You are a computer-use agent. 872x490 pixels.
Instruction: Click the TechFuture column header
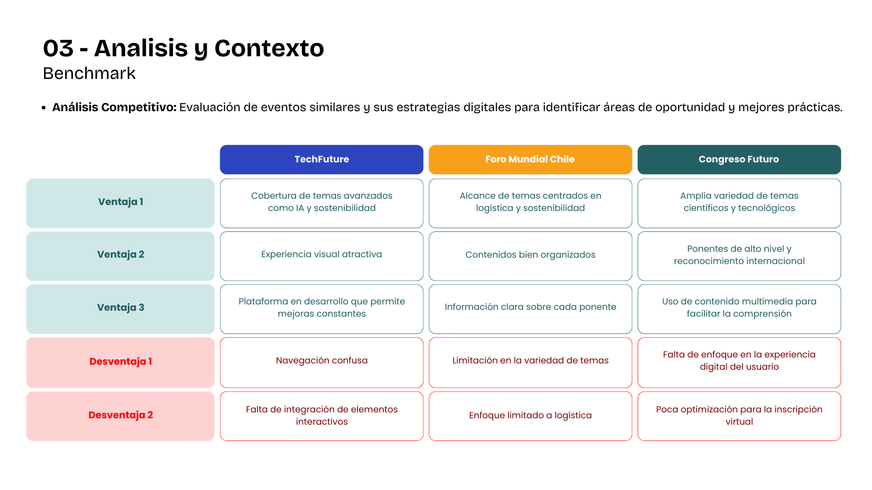click(322, 159)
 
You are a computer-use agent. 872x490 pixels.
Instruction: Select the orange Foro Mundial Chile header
click(530, 159)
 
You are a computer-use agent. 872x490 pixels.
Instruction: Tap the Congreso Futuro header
click(739, 159)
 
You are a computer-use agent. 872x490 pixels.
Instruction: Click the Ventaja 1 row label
click(120, 202)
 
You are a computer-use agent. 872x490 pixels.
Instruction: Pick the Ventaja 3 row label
click(120, 308)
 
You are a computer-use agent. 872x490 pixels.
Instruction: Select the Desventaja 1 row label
click(120, 362)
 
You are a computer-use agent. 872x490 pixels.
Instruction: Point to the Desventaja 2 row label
click(120, 416)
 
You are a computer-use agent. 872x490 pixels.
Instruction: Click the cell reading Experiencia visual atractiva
click(322, 255)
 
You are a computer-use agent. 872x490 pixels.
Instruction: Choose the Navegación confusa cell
click(322, 361)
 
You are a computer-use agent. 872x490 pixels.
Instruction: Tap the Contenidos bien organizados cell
click(530, 255)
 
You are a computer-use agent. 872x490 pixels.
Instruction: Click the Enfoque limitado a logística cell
click(530, 416)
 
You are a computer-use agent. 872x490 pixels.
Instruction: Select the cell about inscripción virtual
click(739, 416)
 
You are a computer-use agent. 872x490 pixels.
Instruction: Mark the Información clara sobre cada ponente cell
click(530, 308)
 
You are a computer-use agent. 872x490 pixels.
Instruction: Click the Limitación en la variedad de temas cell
click(530, 361)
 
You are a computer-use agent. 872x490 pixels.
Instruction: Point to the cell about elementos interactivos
click(322, 416)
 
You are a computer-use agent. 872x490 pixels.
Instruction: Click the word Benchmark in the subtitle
click(89, 73)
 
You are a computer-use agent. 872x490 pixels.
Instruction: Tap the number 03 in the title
click(58, 48)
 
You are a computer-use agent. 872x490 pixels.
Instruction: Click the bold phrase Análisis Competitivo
click(114, 108)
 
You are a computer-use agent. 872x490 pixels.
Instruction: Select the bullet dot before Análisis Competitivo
click(44, 108)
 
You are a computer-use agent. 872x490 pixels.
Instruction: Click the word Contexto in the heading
click(269, 48)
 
